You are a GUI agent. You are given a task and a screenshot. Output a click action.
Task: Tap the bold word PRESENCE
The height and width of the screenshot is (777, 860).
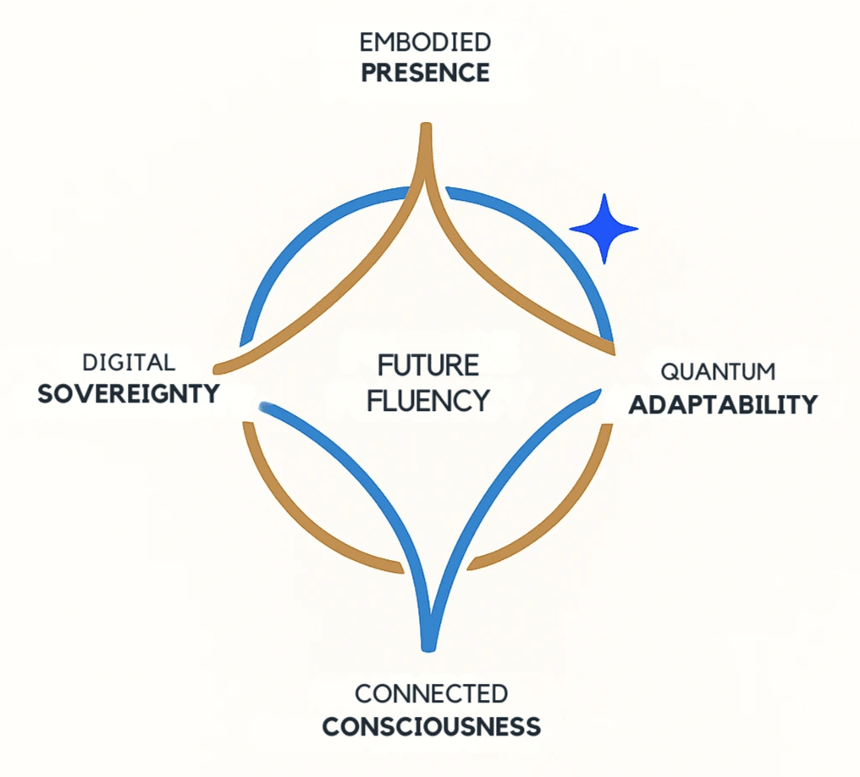[425, 72]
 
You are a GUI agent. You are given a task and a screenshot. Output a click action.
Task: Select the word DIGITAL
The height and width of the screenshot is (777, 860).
[129, 363]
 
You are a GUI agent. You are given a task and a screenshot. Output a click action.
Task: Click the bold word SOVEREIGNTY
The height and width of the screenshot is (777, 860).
[129, 394]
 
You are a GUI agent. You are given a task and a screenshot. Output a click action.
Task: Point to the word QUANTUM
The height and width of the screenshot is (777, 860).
[718, 372]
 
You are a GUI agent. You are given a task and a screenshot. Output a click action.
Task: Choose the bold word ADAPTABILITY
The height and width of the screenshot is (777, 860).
[723, 404]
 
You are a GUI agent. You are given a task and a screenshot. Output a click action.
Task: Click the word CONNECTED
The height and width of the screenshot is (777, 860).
[431, 694]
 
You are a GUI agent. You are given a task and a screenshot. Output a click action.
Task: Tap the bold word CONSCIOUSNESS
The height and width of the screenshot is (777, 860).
[431, 726]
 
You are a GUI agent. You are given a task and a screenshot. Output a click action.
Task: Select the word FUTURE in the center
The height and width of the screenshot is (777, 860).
[427, 366]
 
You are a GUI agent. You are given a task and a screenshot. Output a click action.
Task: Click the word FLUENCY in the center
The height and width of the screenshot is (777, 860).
[427, 399]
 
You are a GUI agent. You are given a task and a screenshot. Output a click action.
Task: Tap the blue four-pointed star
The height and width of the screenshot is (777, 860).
[604, 228]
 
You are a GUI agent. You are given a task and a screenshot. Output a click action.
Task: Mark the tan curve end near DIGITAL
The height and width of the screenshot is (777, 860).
[218, 369]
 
